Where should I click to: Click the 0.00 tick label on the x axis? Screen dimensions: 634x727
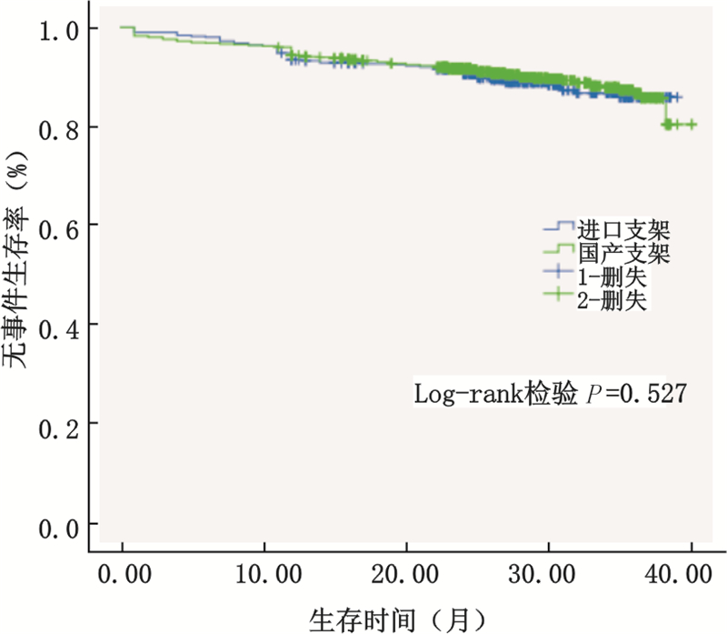tap(124, 576)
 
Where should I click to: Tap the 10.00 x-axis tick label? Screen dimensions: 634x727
tap(264, 576)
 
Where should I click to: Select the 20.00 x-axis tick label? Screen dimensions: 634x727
tap(407, 576)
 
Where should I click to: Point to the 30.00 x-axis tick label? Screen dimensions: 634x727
tap(549, 576)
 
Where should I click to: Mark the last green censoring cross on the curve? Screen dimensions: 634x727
tap(692, 124)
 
